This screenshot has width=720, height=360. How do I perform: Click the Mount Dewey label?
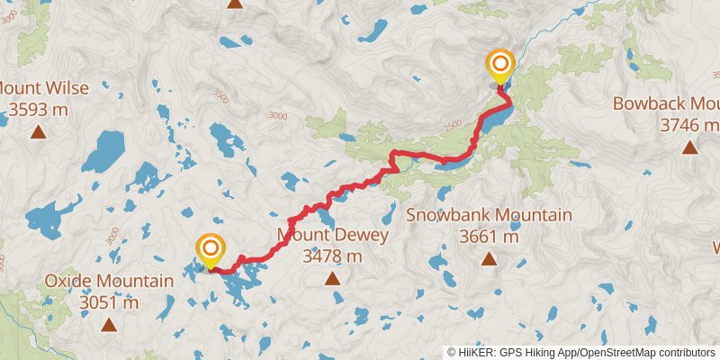(x=333, y=237)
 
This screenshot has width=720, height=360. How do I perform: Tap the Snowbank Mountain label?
(x=489, y=216)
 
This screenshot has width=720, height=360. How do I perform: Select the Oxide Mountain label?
(x=109, y=282)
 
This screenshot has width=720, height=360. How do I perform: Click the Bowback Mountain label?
(x=666, y=103)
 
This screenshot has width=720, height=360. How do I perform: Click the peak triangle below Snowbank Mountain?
(x=489, y=259)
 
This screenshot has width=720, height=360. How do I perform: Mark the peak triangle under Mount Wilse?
(x=38, y=133)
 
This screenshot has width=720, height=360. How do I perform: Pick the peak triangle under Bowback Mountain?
(x=689, y=147)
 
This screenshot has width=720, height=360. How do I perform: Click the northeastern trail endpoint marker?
(x=499, y=66)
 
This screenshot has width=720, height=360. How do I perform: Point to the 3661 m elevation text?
(x=489, y=237)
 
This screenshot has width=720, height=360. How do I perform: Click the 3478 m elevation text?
(x=333, y=256)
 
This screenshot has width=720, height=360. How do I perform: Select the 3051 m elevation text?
(x=109, y=303)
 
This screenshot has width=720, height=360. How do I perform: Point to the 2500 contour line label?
(x=452, y=123)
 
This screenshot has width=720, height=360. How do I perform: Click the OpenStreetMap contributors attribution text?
(x=645, y=352)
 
